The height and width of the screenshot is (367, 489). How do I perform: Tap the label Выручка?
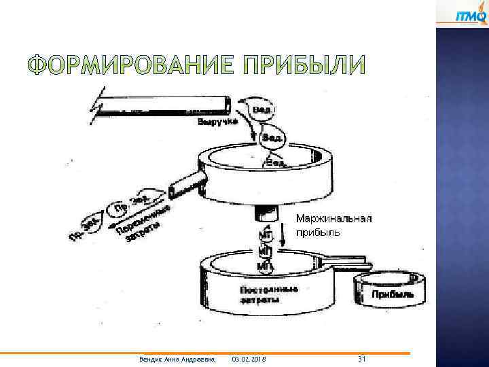[217, 122]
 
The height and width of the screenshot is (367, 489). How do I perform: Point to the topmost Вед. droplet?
[263, 108]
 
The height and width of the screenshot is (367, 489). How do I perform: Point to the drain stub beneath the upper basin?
[266, 213]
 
